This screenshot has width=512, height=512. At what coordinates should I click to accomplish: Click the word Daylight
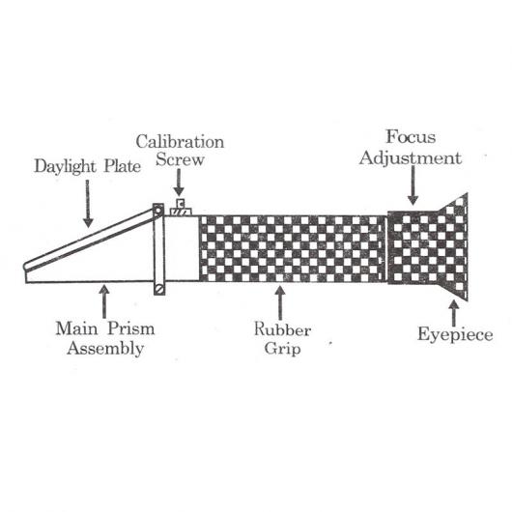pyautogui.click(x=65, y=166)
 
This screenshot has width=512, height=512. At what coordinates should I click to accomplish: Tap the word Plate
pyautogui.click(x=123, y=166)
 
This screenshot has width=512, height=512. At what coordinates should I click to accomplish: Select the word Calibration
pyautogui.click(x=180, y=142)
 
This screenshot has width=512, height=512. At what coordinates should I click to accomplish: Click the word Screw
pyautogui.click(x=180, y=159)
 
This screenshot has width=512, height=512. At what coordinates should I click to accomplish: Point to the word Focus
pyautogui.click(x=411, y=137)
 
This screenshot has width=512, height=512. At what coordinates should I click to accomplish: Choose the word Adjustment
pyautogui.click(x=411, y=158)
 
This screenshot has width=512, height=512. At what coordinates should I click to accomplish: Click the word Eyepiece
pyautogui.click(x=455, y=334)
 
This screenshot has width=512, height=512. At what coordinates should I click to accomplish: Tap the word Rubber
pyautogui.click(x=282, y=329)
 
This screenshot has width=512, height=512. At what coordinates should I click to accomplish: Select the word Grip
pyautogui.click(x=282, y=349)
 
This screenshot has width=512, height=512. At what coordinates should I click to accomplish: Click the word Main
pyautogui.click(x=76, y=328)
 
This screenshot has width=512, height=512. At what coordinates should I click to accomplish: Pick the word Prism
pyautogui.click(x=131, y=328)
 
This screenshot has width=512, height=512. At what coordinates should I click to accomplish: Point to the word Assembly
pyautogui.click(x=105, y=349)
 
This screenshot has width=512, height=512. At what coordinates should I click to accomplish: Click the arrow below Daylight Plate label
pyautogui.click(x=88, y=204)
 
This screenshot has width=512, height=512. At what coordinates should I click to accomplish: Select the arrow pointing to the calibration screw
pyautogui.click(x=179, y=183)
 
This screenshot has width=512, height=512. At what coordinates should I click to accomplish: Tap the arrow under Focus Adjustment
pyautogui.click(x=413, y=185)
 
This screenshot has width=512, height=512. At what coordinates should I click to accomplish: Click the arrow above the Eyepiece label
pyautogui.click(x=453, y=313)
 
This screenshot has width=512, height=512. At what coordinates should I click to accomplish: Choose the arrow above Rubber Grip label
pyautogui.click(x=280, y=302)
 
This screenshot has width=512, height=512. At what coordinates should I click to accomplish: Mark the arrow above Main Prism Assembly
pyautogui.click(x=104, y=301)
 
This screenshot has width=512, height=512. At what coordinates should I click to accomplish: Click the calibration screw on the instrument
pyautogui.click(x=181, y=208)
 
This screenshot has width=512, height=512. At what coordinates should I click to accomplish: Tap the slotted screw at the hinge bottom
pyautogui.click(x=159, y=289)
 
